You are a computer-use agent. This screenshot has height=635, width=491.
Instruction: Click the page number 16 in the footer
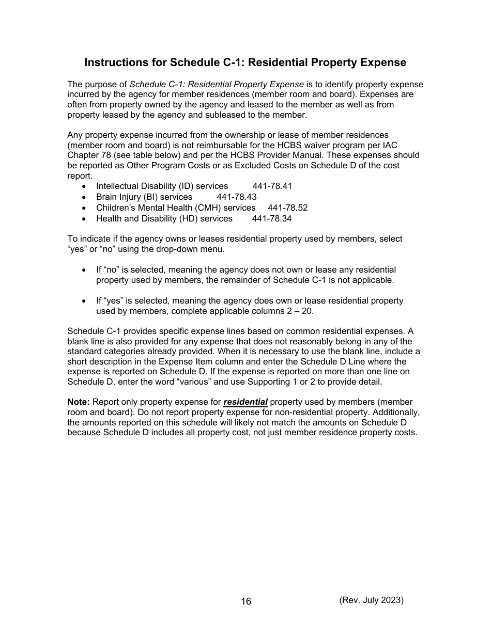246,601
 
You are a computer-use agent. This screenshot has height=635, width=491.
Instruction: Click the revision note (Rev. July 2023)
371,600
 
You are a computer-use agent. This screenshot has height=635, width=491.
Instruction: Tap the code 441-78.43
236,197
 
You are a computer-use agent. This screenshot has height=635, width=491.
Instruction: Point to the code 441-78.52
287,208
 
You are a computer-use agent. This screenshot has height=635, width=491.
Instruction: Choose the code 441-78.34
271,218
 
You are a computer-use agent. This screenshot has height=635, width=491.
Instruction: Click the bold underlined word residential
245,402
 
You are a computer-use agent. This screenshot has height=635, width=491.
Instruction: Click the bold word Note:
79,402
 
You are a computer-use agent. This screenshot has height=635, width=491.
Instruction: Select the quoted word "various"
212,382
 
